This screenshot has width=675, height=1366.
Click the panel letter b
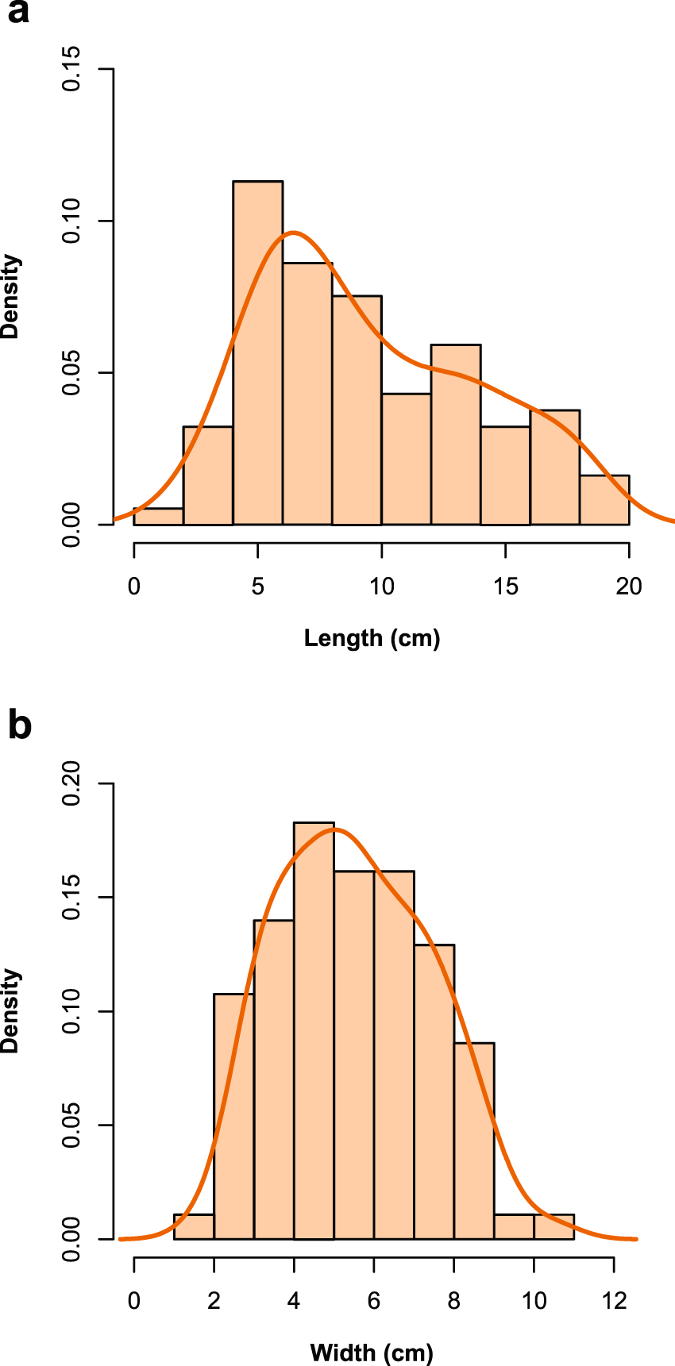[x=19, y=725]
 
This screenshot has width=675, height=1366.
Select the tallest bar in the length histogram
[x=257, y=353]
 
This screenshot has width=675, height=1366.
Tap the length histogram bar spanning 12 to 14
[x=456, y=435]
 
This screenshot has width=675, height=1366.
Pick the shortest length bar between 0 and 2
[x=158, y=517]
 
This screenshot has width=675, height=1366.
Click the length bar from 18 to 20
[x=604, y=500]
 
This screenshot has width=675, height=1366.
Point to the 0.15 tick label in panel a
[x=72, y=69]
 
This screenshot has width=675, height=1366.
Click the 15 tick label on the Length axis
[x=505, y=587]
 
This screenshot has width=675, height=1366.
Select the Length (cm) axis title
[x=372, y=638]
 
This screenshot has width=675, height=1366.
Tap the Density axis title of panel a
[x=10, y=296]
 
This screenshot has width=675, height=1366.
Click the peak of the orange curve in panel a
[x=293, y=233]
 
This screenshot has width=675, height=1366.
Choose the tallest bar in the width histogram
[x=314, y=1030]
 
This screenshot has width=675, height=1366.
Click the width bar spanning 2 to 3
[x=233, y=1116]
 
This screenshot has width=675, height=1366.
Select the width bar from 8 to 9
[x=474, y=1141]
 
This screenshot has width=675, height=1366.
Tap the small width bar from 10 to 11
[x=553, y=1226]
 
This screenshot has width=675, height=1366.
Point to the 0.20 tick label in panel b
[x=72, y=783]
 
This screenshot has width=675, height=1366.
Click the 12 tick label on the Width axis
[x=614, y=1301]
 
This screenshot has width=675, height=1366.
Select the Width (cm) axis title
[x=372, y=1353]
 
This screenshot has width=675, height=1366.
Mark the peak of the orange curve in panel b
[x=334, y=829]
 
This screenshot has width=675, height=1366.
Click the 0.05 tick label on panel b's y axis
[x=72, y=1125]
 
